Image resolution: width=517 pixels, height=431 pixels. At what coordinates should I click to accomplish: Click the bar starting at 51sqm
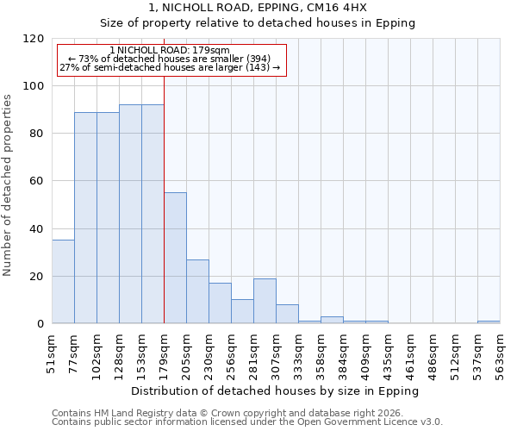[63, 282]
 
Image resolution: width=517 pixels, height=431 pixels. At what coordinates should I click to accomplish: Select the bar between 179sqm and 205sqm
[175, 258]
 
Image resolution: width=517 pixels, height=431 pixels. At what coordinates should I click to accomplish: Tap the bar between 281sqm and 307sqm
[265, 301]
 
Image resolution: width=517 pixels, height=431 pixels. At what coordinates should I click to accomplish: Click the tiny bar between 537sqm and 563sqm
[489, 322]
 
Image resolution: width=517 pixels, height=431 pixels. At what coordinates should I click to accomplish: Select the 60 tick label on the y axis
[37, 181]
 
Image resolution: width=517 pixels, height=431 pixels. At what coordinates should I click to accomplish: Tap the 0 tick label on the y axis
[40, 324]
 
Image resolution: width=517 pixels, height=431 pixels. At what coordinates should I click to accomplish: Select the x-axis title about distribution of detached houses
[275, 390]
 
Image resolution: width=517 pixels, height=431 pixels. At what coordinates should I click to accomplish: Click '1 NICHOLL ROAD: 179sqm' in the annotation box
[170, 51]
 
